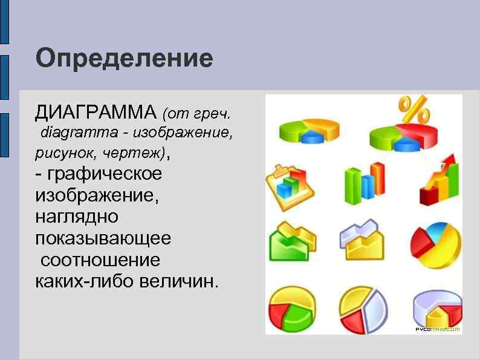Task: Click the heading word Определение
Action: pyautogui.click(x=124, y=59)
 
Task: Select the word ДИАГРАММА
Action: pyautogui.click(x=96, y=112)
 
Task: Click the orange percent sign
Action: pyautogui.click(x=414, y=110)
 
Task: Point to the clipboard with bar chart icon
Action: pyautogui.click(x=291, y=185)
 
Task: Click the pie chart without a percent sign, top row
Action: pyautogui.click(x=309, y=131)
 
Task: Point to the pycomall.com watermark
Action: pyautogui.click(x=438, y=329)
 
